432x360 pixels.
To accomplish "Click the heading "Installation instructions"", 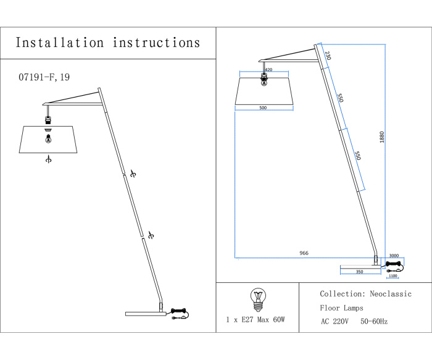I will pos(108,43).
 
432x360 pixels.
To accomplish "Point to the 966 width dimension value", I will pos(304,253).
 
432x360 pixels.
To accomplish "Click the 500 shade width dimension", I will pos(263,108).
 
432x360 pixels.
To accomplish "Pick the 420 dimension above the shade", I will pos(268,70).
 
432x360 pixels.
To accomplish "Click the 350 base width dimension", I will pos(359,271).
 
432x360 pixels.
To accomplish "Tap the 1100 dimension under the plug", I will pos(393,276).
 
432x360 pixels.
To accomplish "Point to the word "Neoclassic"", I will pos(389,295).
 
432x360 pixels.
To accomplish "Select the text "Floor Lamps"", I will pos(341,308).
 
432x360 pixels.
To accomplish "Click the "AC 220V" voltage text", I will pos(334,321).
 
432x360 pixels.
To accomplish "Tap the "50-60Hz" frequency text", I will pos(374,321).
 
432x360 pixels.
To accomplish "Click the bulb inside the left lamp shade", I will pos(48,140).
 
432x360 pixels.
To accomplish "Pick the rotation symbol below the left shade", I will pos(48,159).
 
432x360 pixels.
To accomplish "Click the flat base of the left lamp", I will pos(146,314).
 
